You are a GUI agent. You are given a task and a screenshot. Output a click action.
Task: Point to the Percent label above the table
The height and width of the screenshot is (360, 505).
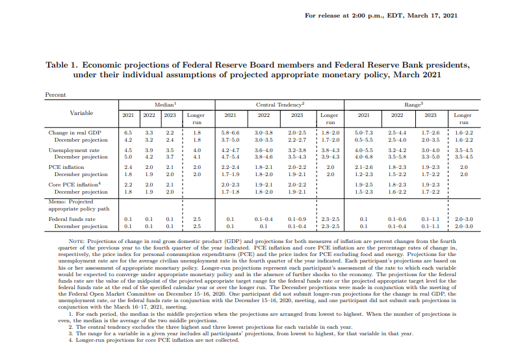[55, 95]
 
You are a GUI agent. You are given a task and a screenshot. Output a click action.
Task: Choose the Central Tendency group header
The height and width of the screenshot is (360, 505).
[280, 104]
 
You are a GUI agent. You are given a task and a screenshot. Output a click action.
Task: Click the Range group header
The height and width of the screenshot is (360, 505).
[414, 104]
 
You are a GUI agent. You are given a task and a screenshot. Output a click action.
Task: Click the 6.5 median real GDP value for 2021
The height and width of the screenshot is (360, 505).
[128, 133]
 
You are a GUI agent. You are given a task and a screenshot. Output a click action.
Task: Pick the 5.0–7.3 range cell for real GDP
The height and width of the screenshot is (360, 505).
[364, 133]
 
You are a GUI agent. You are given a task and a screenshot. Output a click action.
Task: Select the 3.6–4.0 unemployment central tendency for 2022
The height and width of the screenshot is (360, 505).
[264, 150]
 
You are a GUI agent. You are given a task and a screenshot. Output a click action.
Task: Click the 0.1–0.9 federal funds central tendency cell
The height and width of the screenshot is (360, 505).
[297, 220]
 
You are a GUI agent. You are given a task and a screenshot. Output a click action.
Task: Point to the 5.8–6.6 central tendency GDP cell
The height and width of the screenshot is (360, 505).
[230, 133]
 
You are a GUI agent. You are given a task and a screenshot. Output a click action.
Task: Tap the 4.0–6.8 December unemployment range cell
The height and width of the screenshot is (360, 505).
[364, 157]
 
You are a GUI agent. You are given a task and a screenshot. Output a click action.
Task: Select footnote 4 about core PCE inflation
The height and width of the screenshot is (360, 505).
[147, 340]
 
